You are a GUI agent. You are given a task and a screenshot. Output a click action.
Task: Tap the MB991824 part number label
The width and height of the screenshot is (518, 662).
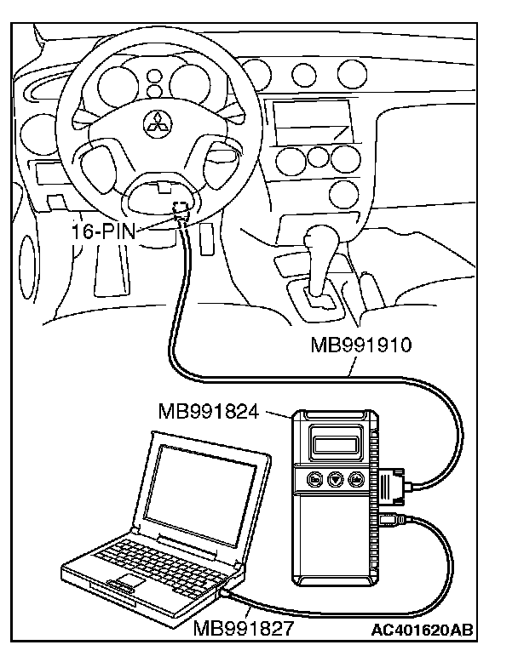pos(217,413)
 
